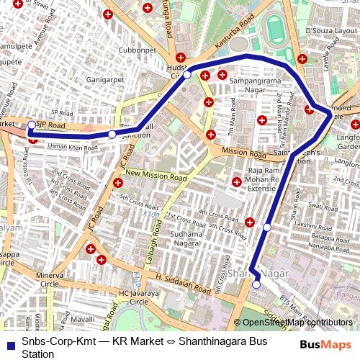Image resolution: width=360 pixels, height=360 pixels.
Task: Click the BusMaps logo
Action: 325,344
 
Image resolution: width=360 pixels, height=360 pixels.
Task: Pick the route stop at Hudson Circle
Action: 186,75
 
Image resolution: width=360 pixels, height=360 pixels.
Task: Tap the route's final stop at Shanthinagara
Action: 256,285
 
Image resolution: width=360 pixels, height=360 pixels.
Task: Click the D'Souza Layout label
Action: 329,32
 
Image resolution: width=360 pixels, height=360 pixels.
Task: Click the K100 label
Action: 150,214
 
